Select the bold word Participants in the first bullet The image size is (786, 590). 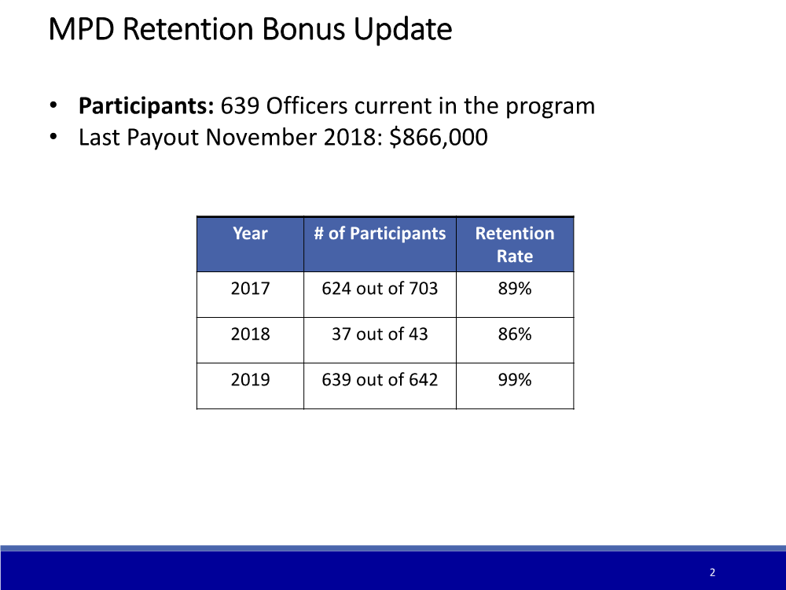146,106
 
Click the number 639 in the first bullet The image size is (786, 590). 240,106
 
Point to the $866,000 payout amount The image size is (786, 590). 438,137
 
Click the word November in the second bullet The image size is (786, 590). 261,137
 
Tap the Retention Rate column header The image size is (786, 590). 515,245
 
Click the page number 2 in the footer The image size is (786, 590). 712,573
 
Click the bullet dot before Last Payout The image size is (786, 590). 53,137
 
